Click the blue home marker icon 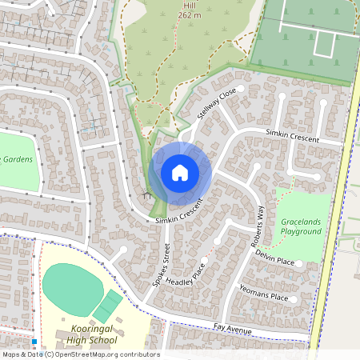tap(180, 172)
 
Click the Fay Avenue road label tap(233, 329)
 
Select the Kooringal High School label tap(89, 336)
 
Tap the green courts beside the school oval tap(108, 305)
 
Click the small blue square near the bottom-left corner tap(34, 341)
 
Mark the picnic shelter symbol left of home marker tap(146, 194)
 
